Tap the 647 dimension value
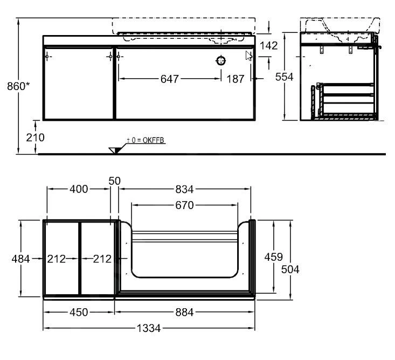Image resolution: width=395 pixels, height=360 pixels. (170, 79)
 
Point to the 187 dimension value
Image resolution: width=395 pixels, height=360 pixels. (235, 79)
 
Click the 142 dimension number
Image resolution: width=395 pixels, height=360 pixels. (267, 46)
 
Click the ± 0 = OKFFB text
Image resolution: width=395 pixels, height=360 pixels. (145, 141)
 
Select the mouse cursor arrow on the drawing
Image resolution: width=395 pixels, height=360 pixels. (248, 56)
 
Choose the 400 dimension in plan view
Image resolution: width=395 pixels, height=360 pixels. (79, 189)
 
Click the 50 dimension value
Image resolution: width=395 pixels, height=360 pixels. (114, 181)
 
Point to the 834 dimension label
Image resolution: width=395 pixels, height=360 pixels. (184, 189)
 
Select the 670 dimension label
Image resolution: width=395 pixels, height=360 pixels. (184, 205)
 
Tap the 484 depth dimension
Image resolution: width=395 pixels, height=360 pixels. (20, 259)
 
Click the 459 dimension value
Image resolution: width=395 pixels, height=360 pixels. (273, 258)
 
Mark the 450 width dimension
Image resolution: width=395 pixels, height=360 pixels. (79, 312)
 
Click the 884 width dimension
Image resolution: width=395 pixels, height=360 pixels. (184, 312)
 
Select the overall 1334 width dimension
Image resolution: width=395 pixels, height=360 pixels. (149, 328)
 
